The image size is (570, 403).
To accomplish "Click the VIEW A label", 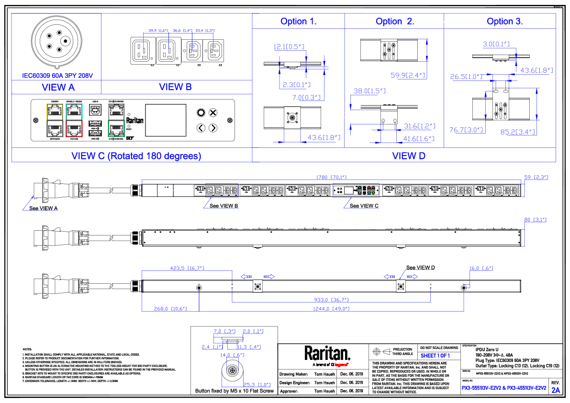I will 58,87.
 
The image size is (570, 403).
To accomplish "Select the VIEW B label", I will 175,87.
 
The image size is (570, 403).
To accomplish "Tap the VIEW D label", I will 409,156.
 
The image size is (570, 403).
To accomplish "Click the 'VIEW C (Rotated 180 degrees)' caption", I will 136,156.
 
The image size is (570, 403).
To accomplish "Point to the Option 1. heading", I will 299,22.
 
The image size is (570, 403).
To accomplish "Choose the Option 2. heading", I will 395,22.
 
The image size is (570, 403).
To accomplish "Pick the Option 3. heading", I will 505,22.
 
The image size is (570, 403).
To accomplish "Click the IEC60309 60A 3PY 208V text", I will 57,76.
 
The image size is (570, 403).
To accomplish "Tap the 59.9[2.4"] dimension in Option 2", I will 408,76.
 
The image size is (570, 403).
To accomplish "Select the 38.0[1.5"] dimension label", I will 369,91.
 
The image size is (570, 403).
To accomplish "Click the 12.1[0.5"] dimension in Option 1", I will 289,47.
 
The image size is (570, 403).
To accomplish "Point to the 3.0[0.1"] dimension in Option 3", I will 496,45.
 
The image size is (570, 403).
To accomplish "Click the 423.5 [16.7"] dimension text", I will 187,268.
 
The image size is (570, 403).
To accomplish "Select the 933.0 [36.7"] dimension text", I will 331,300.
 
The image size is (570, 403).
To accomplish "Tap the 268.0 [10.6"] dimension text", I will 170,309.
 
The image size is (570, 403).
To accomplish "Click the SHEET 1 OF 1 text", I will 435,356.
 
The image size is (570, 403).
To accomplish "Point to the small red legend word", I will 341,365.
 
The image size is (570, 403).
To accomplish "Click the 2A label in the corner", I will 556,391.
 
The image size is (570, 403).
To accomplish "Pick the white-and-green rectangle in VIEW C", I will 116,120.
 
